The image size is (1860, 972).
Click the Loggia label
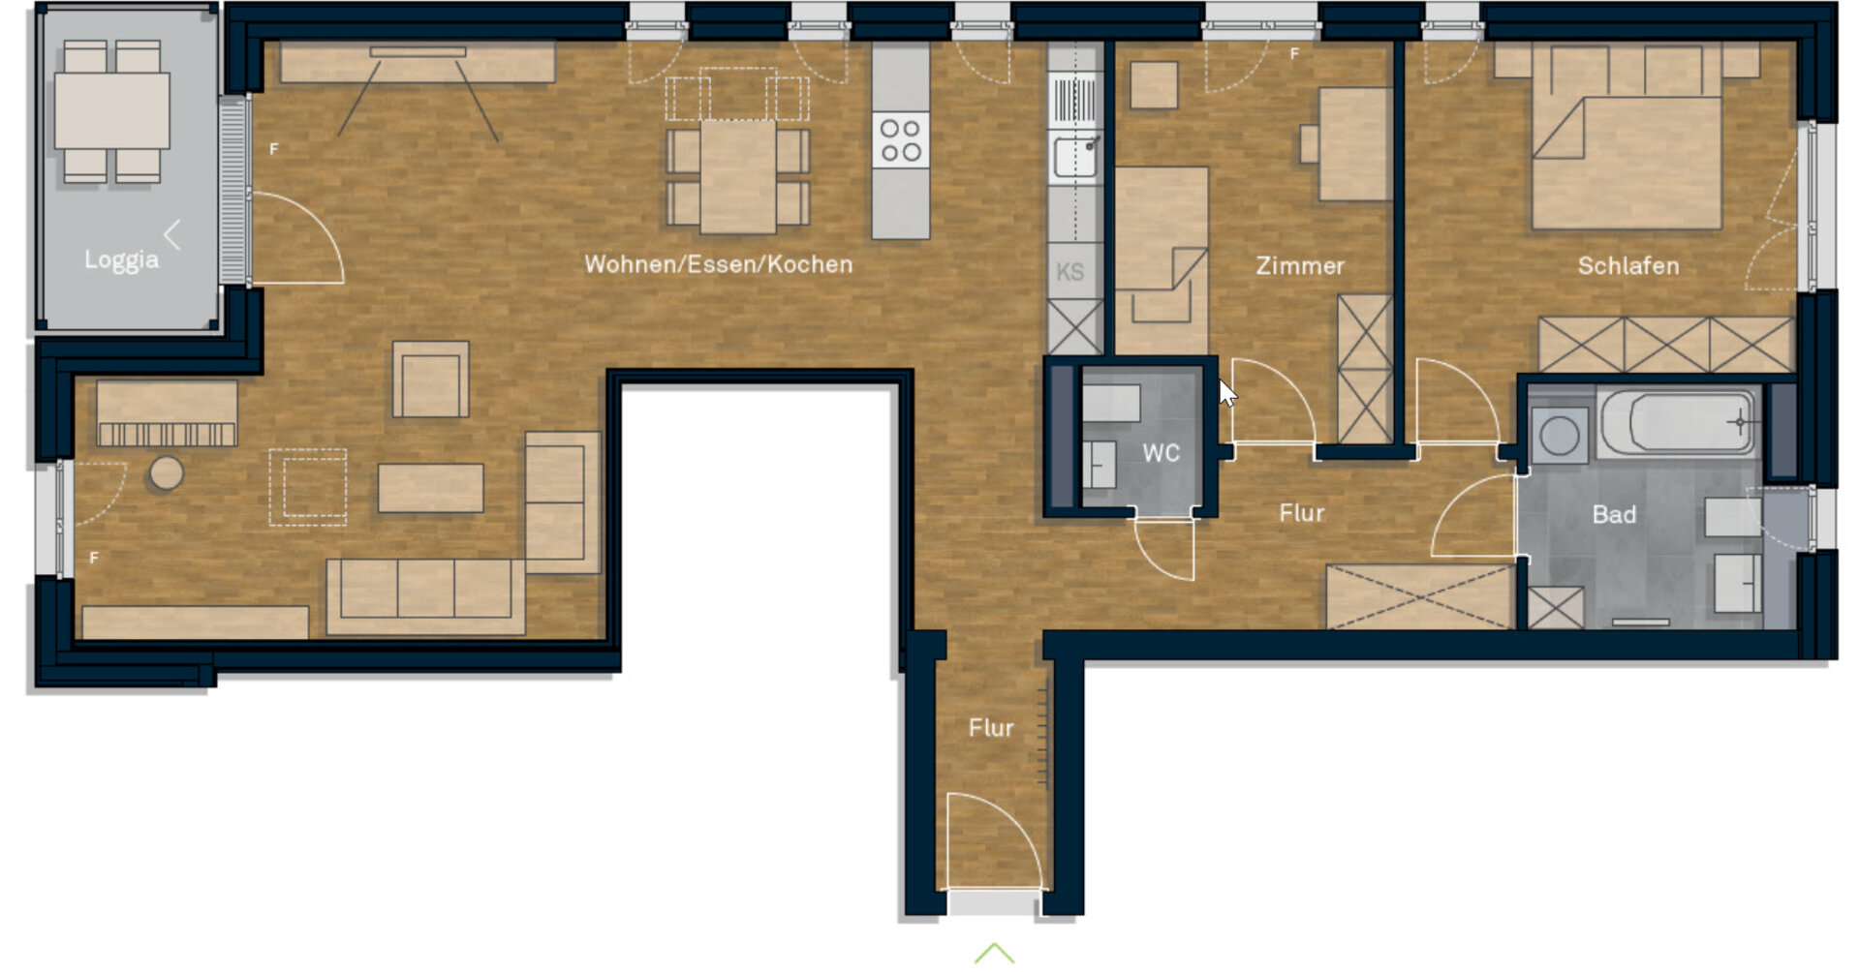[x=121, y=259]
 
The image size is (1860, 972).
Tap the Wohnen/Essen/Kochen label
[x=719, y=264]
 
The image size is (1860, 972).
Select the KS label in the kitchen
[x=1070, y=272]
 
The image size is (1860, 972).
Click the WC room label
[x=1161, y=453]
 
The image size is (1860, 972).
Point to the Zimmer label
[x=1300, y=265]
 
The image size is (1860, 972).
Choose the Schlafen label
[x=1628, y=265]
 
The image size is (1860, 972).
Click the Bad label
[x=1614, y=514]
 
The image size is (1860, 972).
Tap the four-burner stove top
[x=900, y=140]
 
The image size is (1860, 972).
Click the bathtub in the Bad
[x=1677, y=422]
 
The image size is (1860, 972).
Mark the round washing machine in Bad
[x=1559, y=435]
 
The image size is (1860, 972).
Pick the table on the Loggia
[x=111, y=110]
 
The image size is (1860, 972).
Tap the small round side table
[x=167, y=473]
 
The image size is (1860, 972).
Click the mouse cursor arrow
[x=1227, y=393]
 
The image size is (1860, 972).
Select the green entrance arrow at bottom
[x=994, y=954]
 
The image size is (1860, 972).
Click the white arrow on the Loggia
[x=172, y=234]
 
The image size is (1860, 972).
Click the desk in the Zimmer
[x=1355, y=144]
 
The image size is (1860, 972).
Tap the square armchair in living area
[x=431, y=380]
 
